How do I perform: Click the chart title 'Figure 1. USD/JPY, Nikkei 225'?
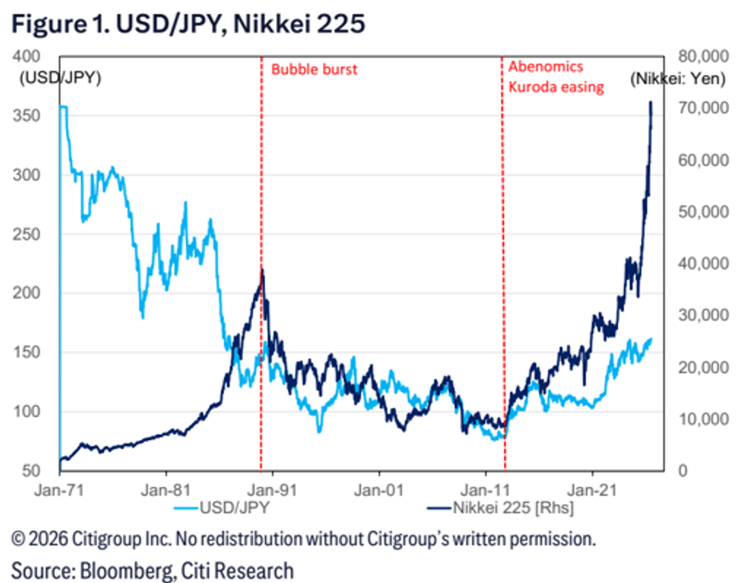tap(188, 24)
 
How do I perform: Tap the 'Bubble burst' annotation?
tap(314, 69)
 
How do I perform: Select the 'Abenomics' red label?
tap(546, 67)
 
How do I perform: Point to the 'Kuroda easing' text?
tap(556, 87)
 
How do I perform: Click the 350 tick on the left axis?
tap(27, 116)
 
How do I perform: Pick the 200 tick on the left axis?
tap(27, 293)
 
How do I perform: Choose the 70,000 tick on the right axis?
tap(703, 108)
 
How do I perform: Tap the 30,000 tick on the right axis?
tap(703, 315)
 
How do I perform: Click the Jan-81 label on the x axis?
tap(165, 490)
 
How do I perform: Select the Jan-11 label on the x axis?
tap(486, 490)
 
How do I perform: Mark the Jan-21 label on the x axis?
tap(592, 490)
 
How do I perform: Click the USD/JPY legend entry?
tap(221, 508)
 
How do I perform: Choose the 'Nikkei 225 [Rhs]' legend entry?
tap(501, 508)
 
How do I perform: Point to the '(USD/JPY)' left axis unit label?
tap(61, 78)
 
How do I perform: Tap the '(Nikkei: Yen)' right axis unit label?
tap(678, 78)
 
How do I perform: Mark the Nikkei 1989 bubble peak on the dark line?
tap(262, 270)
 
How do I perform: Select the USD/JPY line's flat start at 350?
tap(63, 107)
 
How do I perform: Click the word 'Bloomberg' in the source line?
tap(126, 571)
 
